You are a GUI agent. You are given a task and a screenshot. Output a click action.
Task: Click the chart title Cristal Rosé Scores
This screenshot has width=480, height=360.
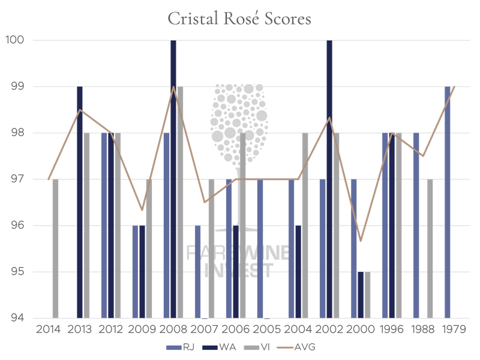point(239,19)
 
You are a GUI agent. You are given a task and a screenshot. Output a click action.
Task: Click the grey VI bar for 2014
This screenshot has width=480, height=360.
point(56,248)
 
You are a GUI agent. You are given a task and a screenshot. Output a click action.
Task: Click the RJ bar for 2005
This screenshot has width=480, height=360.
point(260,248)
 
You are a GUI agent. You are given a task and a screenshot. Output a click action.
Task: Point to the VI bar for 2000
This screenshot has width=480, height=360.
point(368,295)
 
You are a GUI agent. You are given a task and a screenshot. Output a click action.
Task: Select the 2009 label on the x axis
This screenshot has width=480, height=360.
point(142,329)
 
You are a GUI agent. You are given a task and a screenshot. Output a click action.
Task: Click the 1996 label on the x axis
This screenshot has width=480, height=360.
point(392,329)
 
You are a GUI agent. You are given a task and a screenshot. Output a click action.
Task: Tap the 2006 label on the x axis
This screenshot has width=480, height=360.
point(236,329)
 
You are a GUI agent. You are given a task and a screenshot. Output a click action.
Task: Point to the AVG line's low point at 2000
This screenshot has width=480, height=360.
point(361,241)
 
